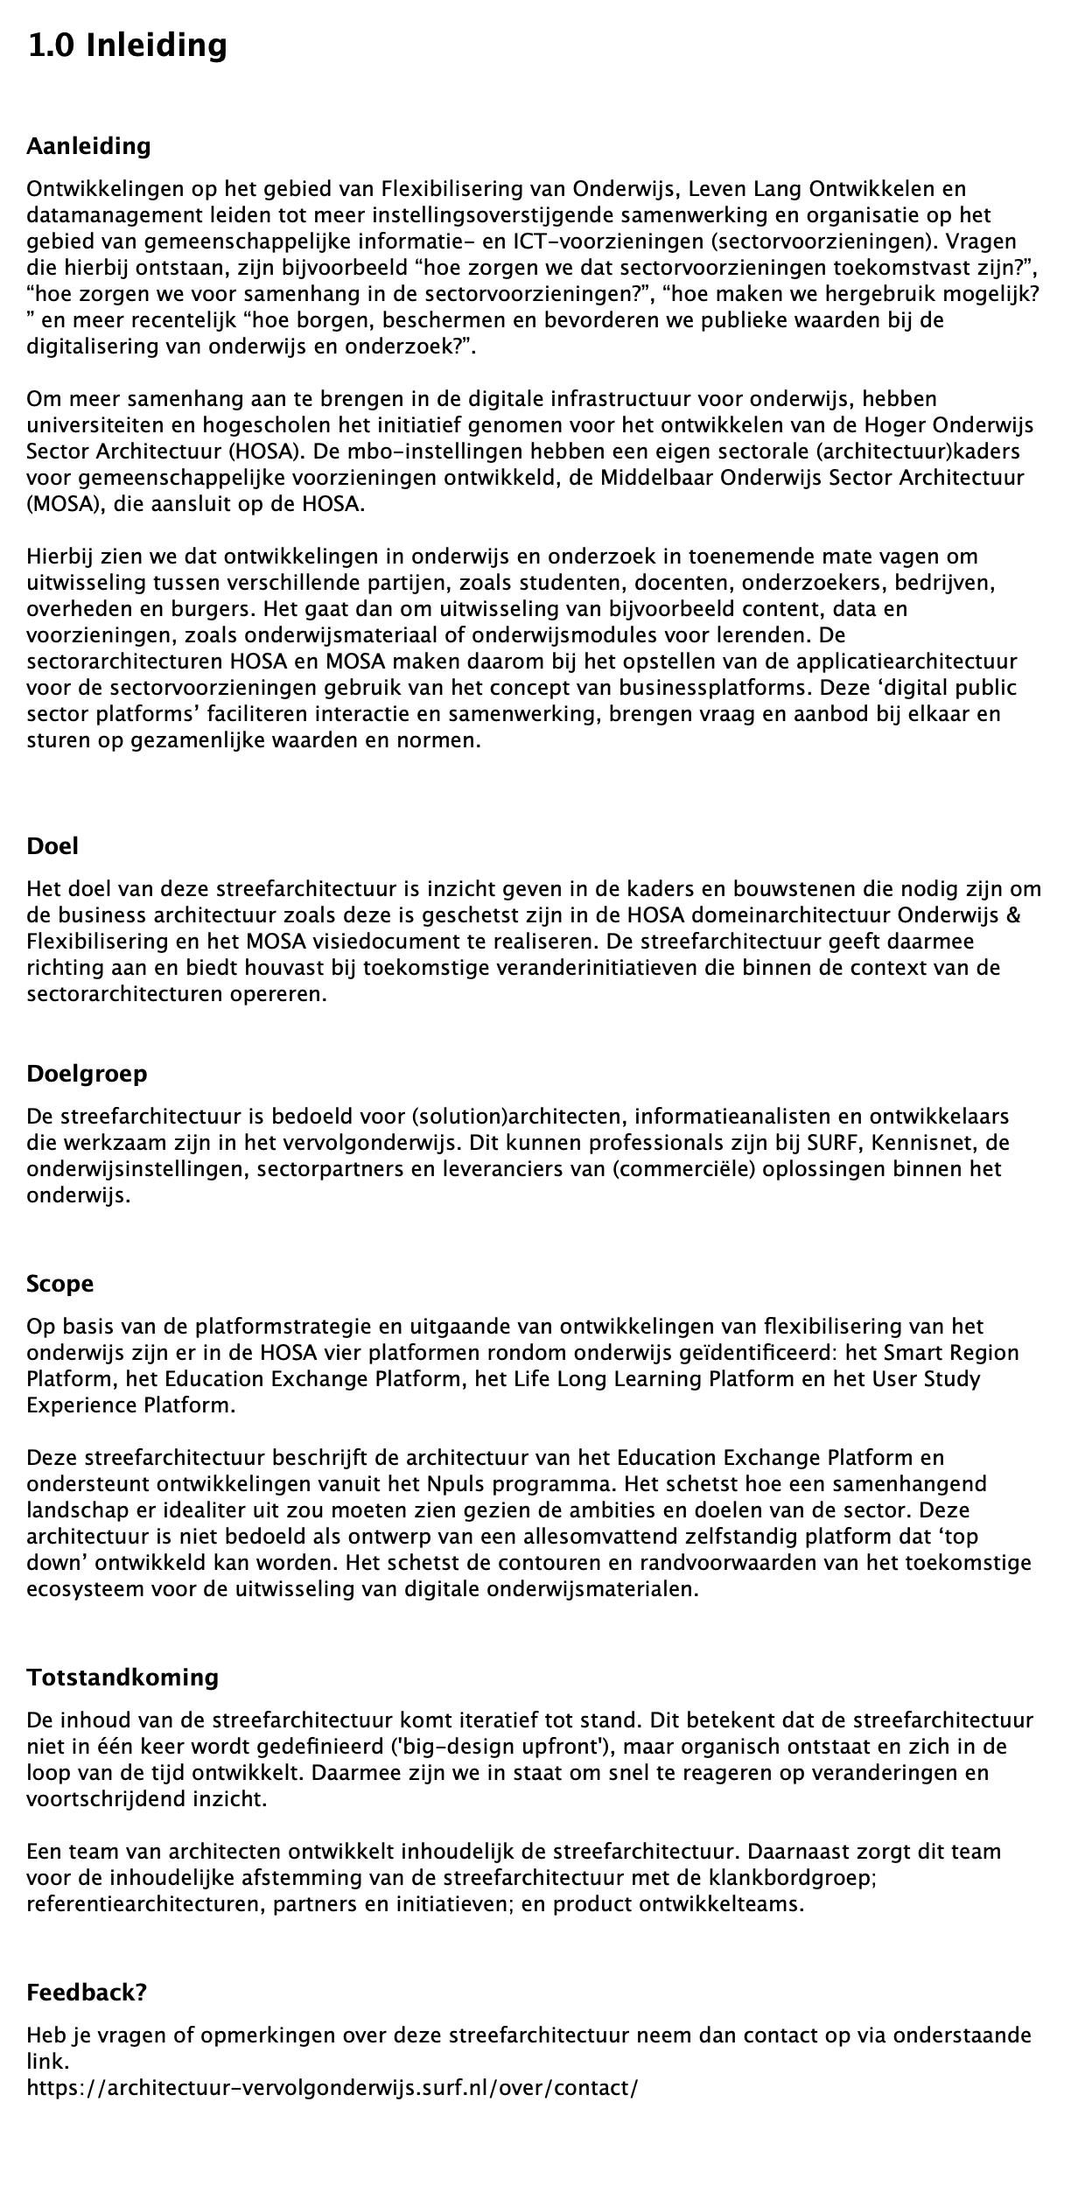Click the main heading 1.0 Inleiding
127,46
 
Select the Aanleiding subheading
88,146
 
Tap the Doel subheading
52,846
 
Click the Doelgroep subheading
87,1074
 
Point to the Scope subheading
59,1284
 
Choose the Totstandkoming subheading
122,1678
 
